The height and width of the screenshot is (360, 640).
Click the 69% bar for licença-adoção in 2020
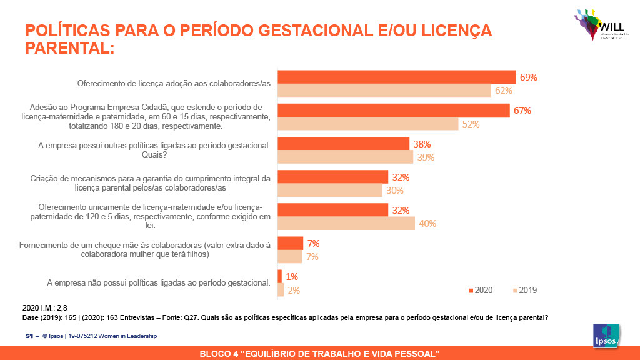[x=396, y=77]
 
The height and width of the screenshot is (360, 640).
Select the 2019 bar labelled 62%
[x=384, y=91]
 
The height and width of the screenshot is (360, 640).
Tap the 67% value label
[x=522, y=111]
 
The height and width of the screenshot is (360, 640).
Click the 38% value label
[x=419, y=144]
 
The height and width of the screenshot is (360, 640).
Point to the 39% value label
[x=426, y=157]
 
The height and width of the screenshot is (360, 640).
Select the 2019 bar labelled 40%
[x=346, y=223]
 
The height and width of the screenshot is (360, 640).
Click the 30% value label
[x=394, y=191]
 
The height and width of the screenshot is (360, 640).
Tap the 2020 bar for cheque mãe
[x=290, y=243]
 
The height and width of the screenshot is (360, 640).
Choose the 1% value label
[x=292, y=276]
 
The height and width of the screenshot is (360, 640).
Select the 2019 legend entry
[x=525, y=290]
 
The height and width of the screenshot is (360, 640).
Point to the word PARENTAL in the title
[x=69, y=47]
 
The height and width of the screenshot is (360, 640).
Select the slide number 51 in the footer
[x=29, y=336]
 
